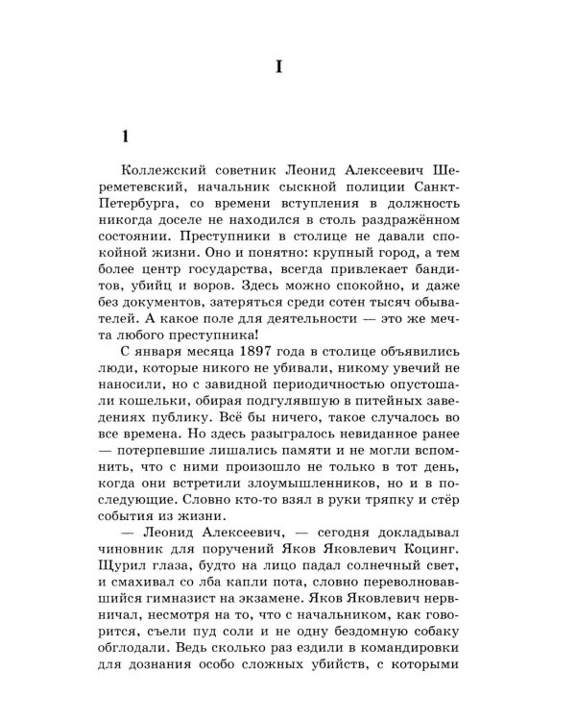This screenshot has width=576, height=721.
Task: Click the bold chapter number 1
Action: [112, 134]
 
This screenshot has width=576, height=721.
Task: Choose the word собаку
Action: [435, 634]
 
